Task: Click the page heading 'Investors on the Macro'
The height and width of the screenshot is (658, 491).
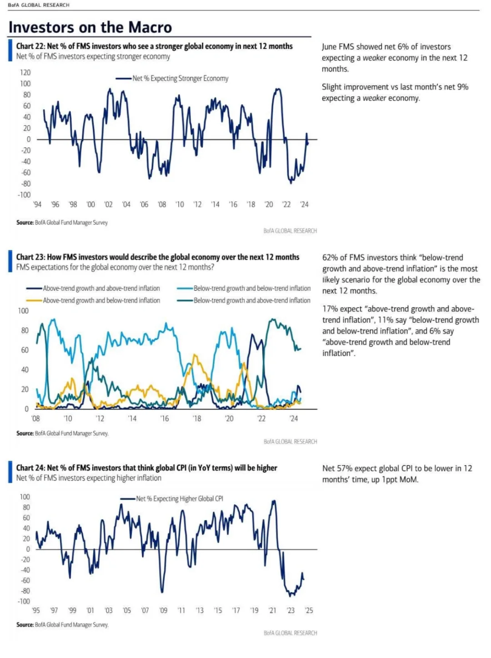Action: [90, 27]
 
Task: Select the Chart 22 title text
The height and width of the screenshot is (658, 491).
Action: [154, 46]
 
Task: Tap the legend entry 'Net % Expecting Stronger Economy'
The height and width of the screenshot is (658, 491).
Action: [172, 79]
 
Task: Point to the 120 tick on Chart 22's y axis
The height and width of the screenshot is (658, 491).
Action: [25, 72]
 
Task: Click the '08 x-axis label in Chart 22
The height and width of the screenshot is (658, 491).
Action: [162, 204]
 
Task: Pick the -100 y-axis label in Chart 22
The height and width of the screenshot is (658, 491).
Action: [24, 195]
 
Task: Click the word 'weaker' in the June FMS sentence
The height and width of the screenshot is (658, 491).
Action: [374, 58]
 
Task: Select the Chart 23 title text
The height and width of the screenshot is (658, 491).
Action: [157, 257]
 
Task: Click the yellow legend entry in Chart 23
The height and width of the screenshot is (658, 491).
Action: [93, 300]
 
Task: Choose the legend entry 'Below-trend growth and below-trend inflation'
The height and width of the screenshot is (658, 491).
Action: [244, 289]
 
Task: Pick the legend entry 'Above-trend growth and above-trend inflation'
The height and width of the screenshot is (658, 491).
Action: [93, 289]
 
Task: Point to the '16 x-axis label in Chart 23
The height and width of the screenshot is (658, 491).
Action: [165, 419]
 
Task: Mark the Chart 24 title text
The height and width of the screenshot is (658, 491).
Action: [146, 468]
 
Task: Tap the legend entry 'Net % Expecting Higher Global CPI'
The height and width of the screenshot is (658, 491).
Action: [172, 499]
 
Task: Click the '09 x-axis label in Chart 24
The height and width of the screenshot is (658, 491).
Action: [163, 610]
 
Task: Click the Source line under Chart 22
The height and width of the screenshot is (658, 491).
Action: [62, 223]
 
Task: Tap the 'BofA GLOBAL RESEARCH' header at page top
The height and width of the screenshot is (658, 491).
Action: [39, 5]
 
